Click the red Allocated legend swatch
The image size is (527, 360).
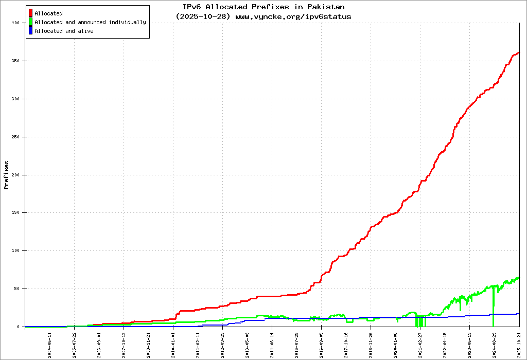(x=31, y=13)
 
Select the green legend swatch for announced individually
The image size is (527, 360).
(x=31, y=22)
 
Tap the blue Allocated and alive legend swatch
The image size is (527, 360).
(x=31, y=31)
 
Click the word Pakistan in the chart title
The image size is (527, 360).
(x=326, y=7)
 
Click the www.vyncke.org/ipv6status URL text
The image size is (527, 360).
(x=293, y=16)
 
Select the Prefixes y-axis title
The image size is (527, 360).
(x=7, y=175)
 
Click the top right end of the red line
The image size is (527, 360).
(x=519, y=52)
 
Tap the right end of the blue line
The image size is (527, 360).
(x=519, y=314)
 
